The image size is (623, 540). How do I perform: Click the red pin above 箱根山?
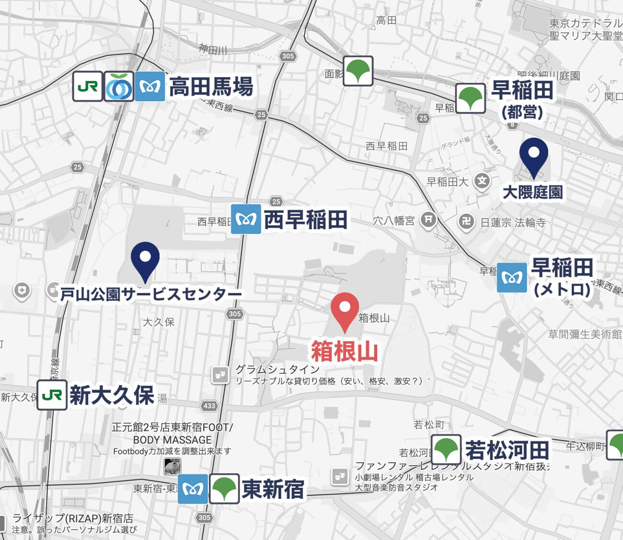[x=345, y=309]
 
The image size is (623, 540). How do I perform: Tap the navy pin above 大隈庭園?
[x=533, y=154]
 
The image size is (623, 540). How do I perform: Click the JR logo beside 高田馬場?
[x=88, y=87]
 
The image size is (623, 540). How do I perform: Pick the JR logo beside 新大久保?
[x=52, y=395]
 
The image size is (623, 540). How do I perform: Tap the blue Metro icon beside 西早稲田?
[x=246, y=219]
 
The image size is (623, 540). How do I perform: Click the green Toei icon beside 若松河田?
[x=446, y=450]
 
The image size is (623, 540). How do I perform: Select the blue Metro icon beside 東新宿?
[x=193, y=489]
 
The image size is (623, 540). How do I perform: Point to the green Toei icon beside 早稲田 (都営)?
[x=470, y=99]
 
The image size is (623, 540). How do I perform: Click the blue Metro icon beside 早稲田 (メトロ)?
[x=512, y=278]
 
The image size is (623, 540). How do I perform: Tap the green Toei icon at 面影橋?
[x=358, y=71]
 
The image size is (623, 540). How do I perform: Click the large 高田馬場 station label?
[x=211, y=87]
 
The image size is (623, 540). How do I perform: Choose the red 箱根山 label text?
[x=345, y=352]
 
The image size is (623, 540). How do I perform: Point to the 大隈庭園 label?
[x=532, y=193]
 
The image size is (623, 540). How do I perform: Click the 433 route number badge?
[x=209, y=406]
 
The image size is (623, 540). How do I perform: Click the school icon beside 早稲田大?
[x=482, y=181]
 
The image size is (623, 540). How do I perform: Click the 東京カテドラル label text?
[x=585, y=23]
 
